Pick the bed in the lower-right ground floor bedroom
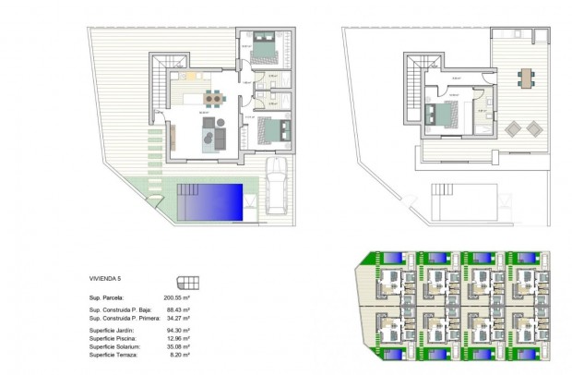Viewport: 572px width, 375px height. tap(268, 130)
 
